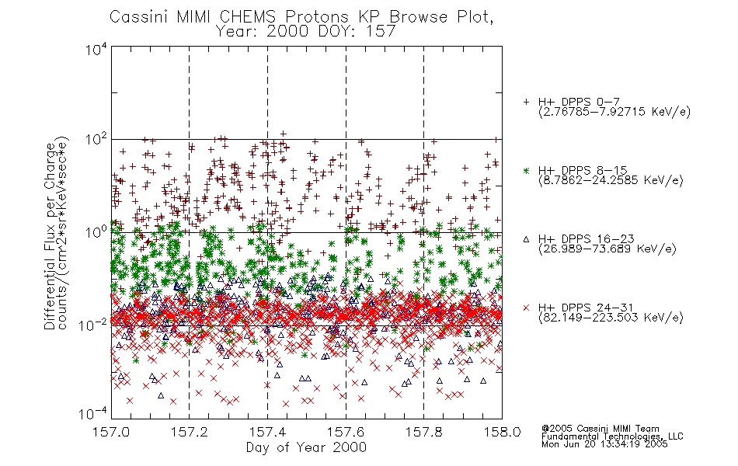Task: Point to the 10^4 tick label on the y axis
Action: (96, 50)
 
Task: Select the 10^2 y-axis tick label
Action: (96, 140)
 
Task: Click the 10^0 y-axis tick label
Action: (96, 232)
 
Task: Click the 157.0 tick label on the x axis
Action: (111, 432)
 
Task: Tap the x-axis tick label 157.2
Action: (190, 432)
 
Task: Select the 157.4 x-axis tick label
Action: (267, 432)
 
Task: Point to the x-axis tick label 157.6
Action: (346, 432)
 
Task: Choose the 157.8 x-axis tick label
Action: (423, 432)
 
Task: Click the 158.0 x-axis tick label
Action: (502, 432)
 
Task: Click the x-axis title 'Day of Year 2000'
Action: (306, 447)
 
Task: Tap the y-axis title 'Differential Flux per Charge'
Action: (50, 236)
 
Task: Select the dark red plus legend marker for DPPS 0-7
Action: (526, 102)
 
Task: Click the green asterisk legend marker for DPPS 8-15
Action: (526, 170)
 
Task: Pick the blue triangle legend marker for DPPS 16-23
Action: (526, 239)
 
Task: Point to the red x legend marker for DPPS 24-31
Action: (526, 308)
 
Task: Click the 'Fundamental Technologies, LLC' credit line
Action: (612, 436)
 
